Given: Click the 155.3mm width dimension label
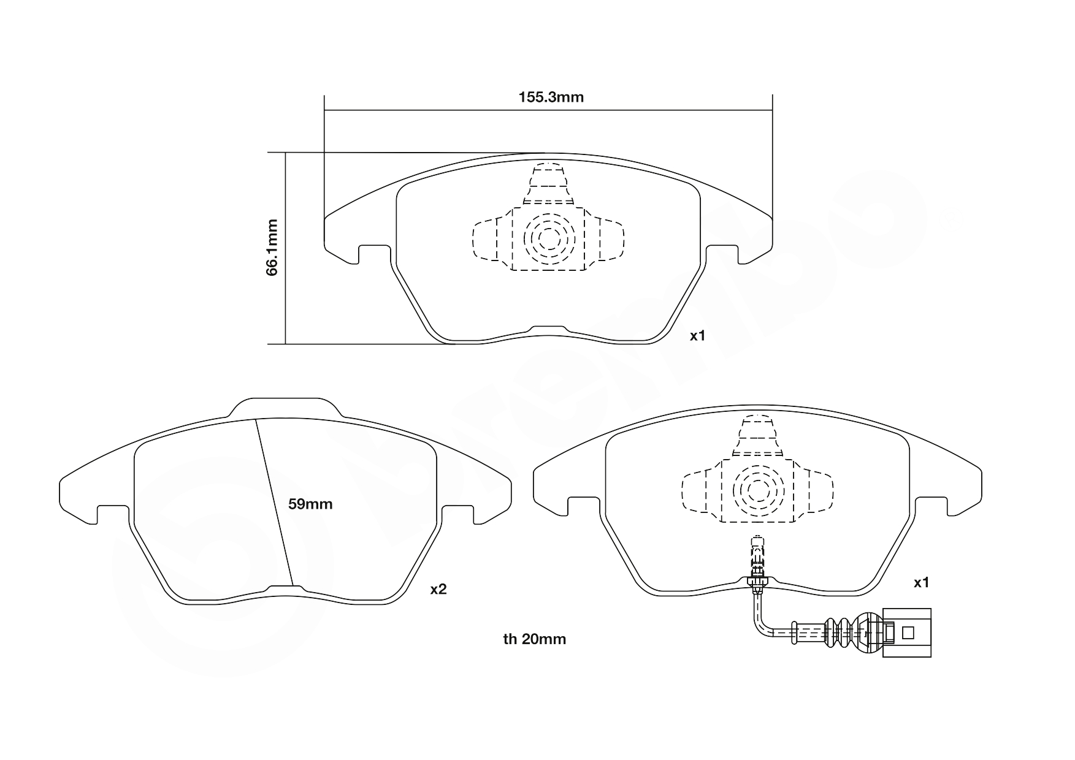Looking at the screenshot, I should point(551,97).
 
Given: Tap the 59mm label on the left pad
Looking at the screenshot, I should point(310,504).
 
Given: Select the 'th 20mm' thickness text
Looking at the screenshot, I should point(534,639).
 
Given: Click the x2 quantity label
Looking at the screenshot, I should point(438,590).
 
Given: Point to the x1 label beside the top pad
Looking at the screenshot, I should point(698,336).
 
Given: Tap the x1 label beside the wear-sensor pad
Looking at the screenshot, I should point(921,583).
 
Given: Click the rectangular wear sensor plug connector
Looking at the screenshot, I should point(906,633).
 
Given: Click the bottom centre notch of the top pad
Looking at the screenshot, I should point(548,330).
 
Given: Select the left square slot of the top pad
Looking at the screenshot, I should point(373,253).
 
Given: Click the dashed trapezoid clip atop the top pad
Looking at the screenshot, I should point(549,184).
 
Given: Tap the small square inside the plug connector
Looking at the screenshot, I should point(909,633).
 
